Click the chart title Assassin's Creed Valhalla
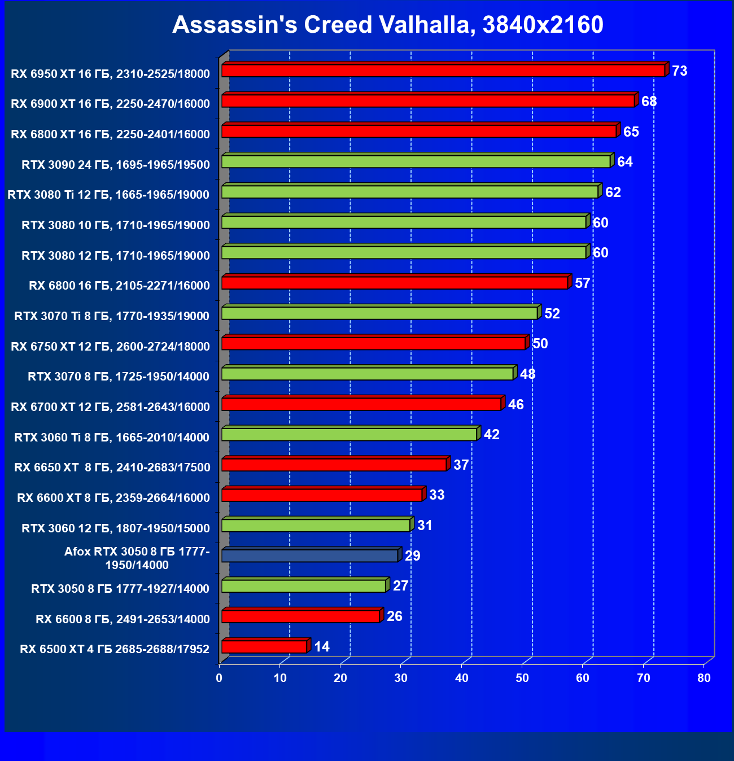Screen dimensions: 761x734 (387, 25)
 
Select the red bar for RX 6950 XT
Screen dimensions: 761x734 (443, 71)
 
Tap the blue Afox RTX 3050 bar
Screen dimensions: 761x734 (309, 556)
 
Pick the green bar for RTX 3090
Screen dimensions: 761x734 (416, 161)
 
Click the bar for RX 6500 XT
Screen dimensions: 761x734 (264, 646)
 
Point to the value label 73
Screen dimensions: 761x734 (679, 71)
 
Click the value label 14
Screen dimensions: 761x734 (322, 646)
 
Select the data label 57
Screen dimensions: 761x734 (582, 283)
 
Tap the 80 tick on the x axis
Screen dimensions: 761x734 (704, 678)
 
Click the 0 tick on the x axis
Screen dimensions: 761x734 (220, 678)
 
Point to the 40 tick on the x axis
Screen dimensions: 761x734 (462, 678)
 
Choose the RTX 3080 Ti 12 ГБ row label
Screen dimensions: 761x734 (108, 195)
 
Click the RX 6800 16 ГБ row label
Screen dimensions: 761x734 (119, 286)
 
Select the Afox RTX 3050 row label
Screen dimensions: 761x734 (137, 558)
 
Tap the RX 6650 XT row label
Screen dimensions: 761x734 (112, 467)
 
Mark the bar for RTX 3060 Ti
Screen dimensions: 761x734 (349, 434)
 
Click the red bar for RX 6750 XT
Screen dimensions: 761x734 (374, 343)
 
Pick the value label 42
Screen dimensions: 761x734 (491, 435)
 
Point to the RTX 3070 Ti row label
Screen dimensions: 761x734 (112, 316)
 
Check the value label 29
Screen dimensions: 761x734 (412, 556)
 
